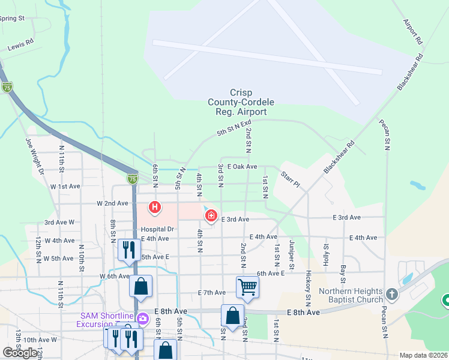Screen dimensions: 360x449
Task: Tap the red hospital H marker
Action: (x=155, y=208)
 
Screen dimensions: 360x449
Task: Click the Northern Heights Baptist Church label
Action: (x=351, y=296)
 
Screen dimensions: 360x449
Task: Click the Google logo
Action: (x=20, y=353)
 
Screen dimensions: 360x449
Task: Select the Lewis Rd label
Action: (x=20, y=46)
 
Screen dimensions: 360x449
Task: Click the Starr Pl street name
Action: (x=291, y=178)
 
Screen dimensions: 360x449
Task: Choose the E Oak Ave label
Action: (x=243, y=167)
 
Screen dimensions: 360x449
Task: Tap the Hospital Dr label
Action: (x=157, y=229)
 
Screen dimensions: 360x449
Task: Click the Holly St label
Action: (x=327, y=255)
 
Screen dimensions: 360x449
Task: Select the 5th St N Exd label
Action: (x=234, y=127)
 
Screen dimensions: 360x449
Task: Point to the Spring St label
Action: (x=12, y=18)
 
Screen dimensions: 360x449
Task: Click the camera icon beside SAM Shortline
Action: (x=143, y=318)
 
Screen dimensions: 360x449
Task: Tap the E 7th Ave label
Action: (x=212, y=292)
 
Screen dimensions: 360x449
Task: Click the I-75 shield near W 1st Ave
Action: (x=133, y=179)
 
